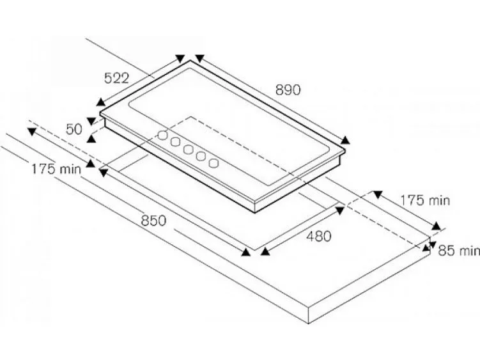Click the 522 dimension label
116,78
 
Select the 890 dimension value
288,90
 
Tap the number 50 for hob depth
74,129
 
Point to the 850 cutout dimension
153,221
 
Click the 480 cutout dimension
319,236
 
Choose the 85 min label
459,250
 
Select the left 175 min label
56,169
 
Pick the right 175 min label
425,200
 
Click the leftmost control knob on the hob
162,135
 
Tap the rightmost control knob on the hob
213,162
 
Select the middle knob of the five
188,150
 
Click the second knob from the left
175,142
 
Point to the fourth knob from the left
201,156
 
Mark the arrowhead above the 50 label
91,121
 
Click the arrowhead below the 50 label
91,139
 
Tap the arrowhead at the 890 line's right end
345,140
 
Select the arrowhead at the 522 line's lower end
101,102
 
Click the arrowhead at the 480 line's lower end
265,251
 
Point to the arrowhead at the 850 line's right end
246,252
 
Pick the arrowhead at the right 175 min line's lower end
437,226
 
